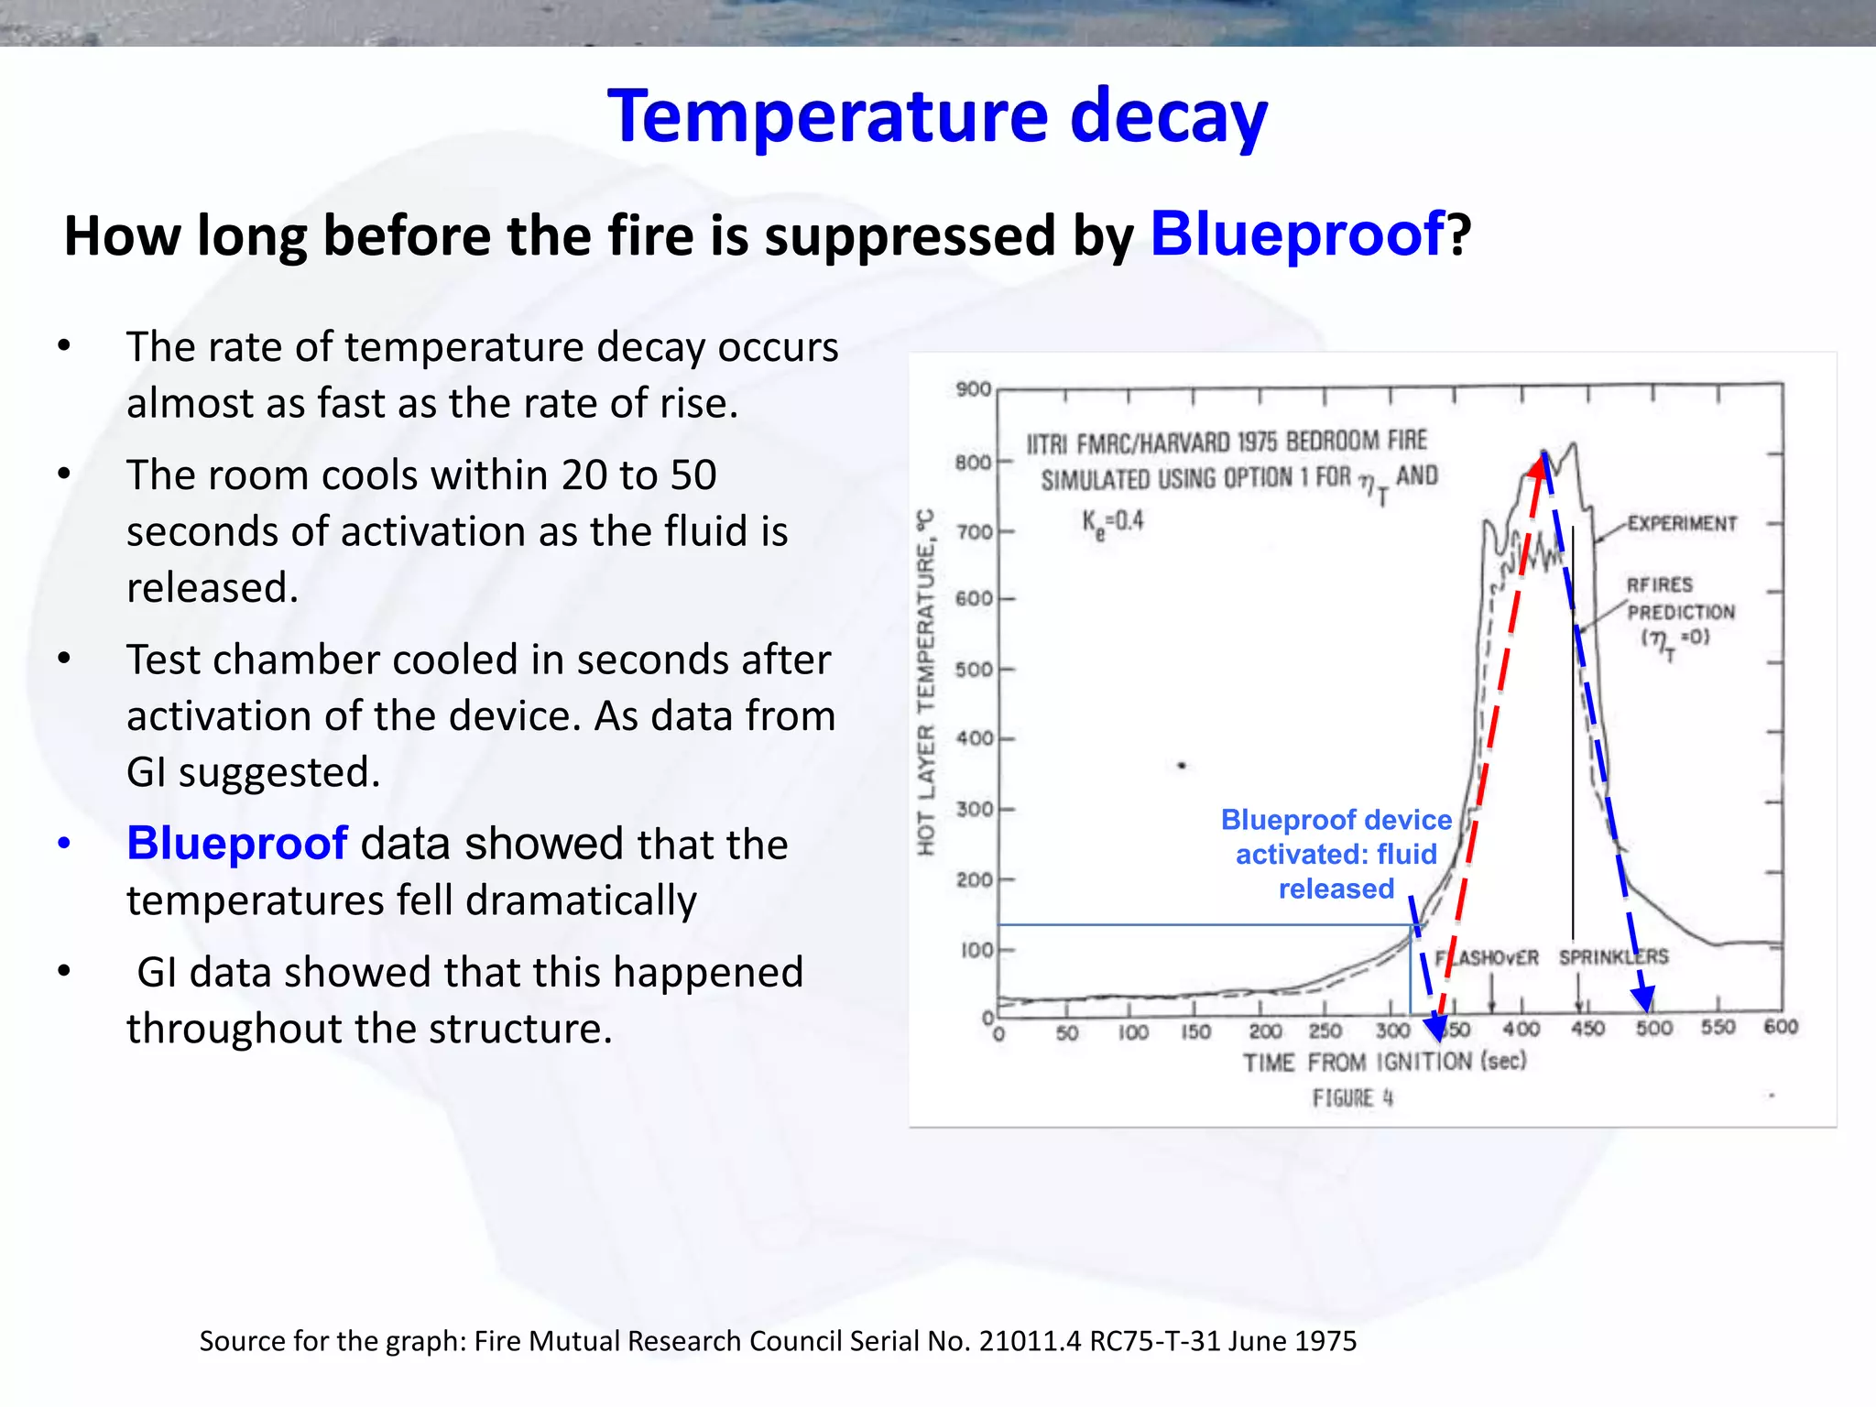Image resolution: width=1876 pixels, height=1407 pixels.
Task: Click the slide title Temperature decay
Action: tap(937, 117)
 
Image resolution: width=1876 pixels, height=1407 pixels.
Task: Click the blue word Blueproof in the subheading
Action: tap(1297, 234)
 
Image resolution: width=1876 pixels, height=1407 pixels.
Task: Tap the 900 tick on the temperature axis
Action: tap(974, 389)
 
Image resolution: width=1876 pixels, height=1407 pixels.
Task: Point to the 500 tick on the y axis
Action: tap(974, 670)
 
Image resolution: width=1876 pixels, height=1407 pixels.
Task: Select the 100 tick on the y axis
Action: tap(976, 950)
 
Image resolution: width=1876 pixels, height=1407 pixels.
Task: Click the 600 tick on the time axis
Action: tap(1781, 1028)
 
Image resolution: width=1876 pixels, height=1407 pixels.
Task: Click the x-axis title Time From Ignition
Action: tap(1383, 1063)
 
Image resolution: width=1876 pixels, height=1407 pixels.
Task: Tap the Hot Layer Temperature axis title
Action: tap(926, 682)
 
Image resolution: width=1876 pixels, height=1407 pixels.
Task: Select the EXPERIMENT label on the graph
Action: tap(1682, 524)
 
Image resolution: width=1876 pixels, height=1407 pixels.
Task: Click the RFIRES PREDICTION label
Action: tap(1679, 599)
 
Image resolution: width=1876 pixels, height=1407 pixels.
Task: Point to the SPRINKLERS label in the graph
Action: tap(1613, 957)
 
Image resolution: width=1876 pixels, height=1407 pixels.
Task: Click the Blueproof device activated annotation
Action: tap(1336, 854)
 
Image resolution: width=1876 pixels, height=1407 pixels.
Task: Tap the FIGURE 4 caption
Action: tap(1352, 1098)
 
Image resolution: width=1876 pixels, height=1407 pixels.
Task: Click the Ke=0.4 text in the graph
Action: tap(1112, 522)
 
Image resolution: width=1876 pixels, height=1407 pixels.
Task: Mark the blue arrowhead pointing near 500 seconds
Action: tap(1644, 999)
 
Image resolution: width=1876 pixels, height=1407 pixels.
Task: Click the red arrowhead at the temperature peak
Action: tap(1538, 465)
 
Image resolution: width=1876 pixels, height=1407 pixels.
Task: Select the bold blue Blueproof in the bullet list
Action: tap(236, 844)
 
